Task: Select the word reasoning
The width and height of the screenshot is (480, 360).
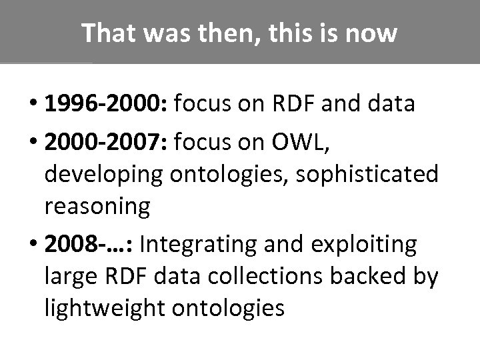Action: pyautogui.click(x=98, y=207)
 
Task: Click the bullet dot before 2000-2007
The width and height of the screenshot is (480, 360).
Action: pyautogui.click(x=33, y=142)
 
